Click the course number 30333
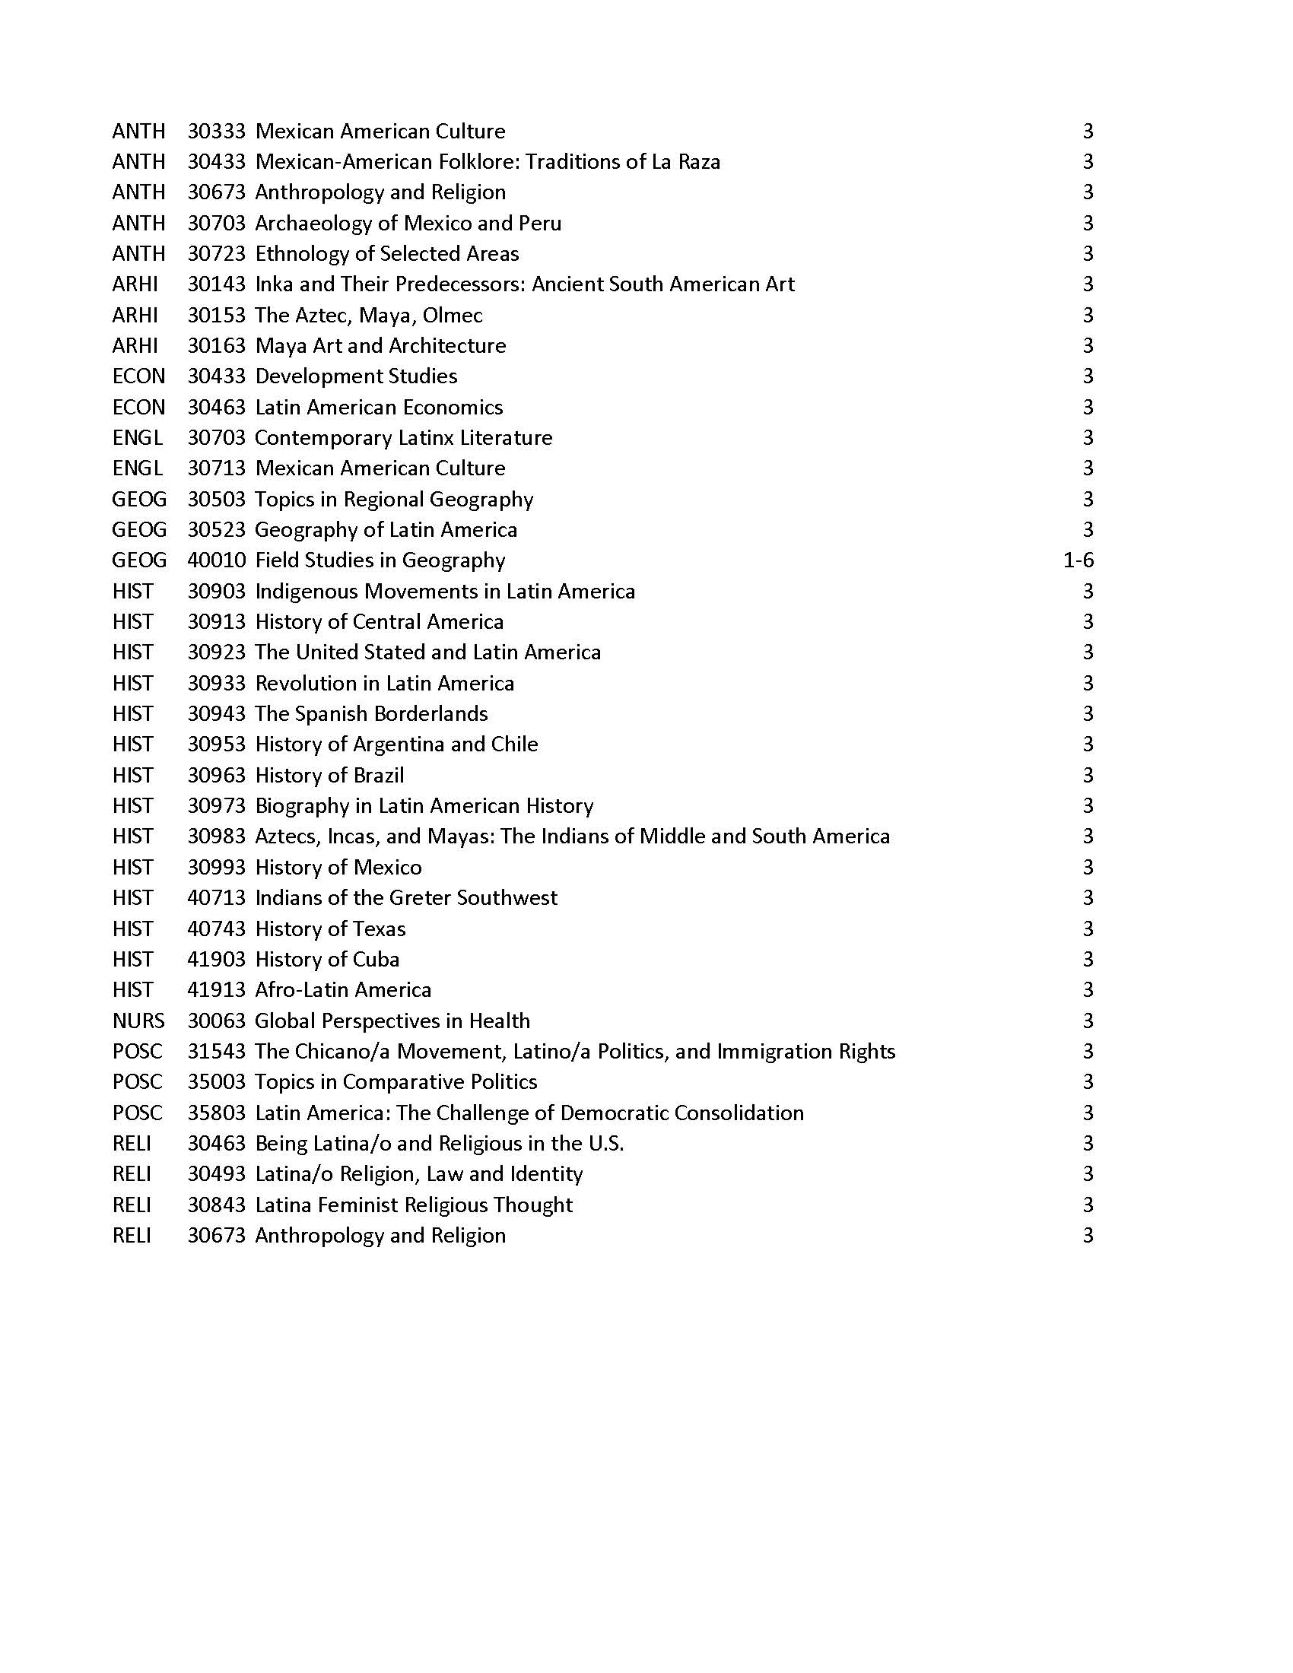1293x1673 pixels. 216,131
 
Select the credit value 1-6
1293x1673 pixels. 1078,560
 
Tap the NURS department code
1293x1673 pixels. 138,1021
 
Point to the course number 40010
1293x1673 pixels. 216,560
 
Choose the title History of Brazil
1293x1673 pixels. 329,775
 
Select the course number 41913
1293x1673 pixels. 216,989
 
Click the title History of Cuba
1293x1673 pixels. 327,959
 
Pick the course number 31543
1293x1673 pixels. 216,1051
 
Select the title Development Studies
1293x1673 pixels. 356,376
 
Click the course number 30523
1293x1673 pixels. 216,529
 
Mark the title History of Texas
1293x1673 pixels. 330,929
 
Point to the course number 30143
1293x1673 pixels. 216,284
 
